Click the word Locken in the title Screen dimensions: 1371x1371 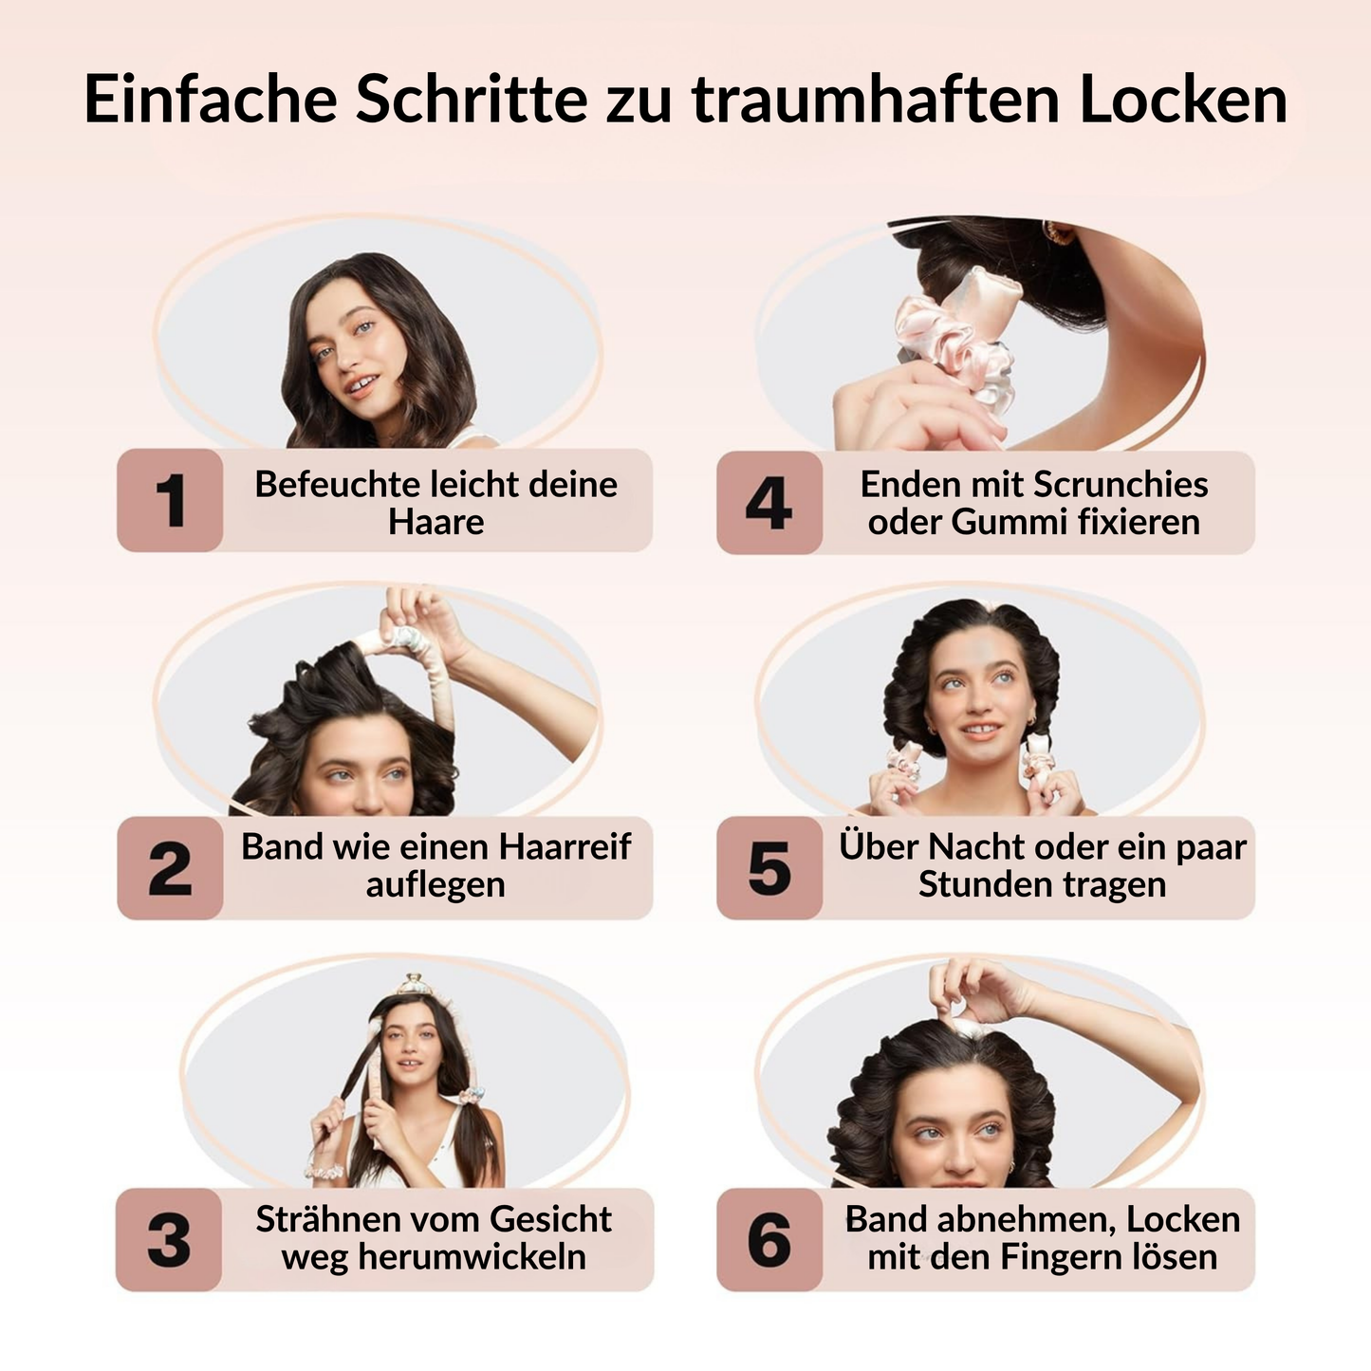[x=1183, y=98]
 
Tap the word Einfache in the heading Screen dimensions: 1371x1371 [x=211, y=98]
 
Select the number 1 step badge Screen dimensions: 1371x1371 [x=170, y=500]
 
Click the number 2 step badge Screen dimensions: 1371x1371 [x=170, y=868]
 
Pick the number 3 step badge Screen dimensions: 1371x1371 [x=169, y=1240]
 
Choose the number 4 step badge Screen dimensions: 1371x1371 [x=769, y=502]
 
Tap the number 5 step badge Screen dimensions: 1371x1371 [x=769, y=868]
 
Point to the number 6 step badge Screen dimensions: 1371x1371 [x=769, y=1240]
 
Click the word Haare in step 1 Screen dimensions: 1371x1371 [x=436, y=522]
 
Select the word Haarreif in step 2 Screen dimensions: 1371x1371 [x=565, y=846]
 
